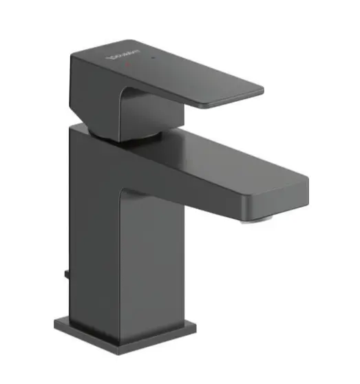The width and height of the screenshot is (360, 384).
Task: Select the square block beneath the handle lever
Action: pyautogui.click(x=103, y=110)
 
